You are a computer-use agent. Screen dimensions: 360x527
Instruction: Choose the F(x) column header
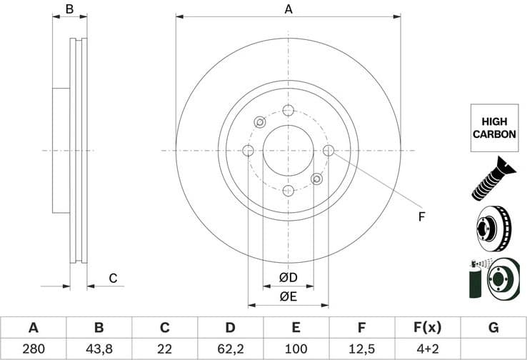click(x=428, y=328)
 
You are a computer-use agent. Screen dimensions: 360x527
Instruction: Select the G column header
click(x=493, y=328)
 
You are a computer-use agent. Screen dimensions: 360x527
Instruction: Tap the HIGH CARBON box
click(x=493, y=127)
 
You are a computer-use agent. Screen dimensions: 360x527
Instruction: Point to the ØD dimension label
click(x=288, y=277)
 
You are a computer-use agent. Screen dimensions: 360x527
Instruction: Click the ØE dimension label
click(x=288, y=296)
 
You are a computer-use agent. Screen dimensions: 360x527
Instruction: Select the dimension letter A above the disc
click(x=288, y=9)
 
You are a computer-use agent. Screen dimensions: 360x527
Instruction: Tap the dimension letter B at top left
click(x=70, y=9)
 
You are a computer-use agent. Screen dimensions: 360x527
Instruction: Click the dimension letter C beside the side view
click(x=112, y=279)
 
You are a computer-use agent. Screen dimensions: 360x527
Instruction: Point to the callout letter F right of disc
click(x=421, y=216)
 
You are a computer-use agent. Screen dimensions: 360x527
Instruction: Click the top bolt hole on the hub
click(x=288, y=110)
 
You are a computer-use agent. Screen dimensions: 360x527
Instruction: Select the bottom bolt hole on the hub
click(x=288, y=190)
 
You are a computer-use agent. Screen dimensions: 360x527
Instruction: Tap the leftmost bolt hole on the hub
click(x=248, y=150)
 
